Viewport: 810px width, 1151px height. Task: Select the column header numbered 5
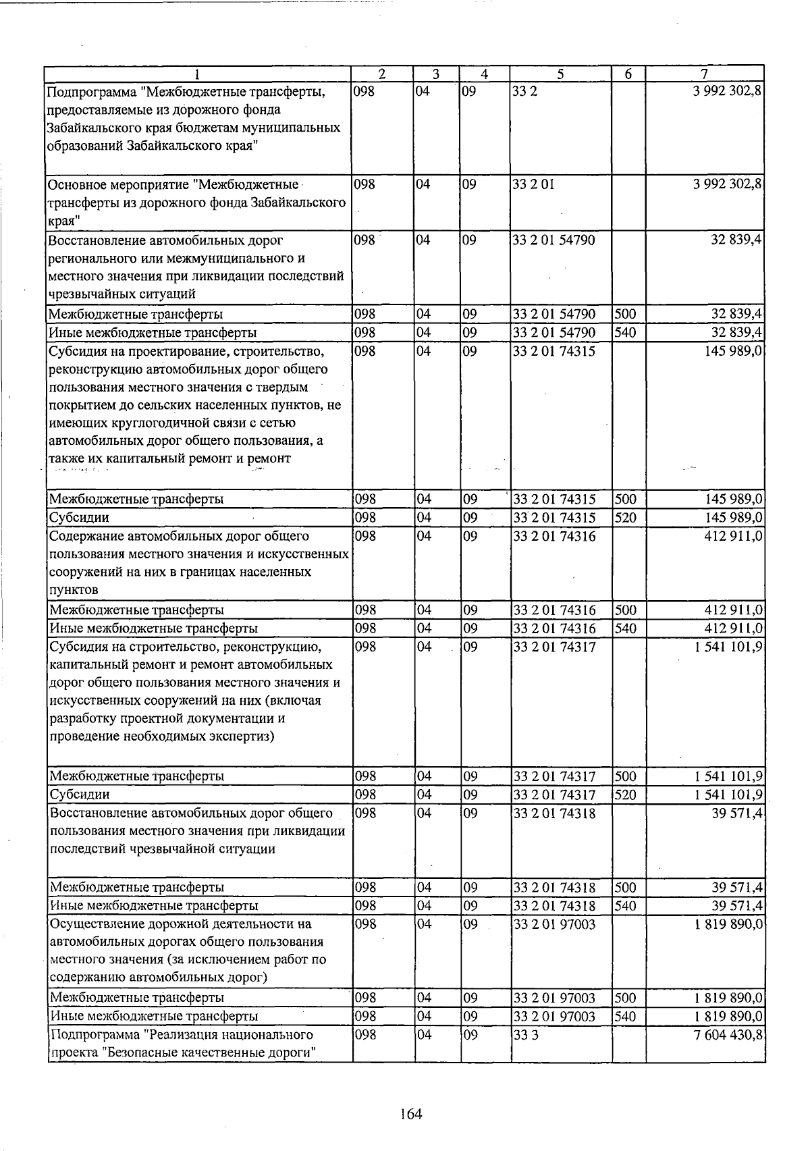coord(560,74)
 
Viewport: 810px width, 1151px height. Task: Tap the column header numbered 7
coord(703,74)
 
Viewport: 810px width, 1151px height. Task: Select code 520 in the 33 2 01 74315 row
coord(626,518)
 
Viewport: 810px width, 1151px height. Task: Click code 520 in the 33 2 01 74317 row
coord(626,795)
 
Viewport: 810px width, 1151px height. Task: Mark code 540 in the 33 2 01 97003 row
coord(626,1016)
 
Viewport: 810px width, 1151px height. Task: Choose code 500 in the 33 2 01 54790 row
coord(626,314)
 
